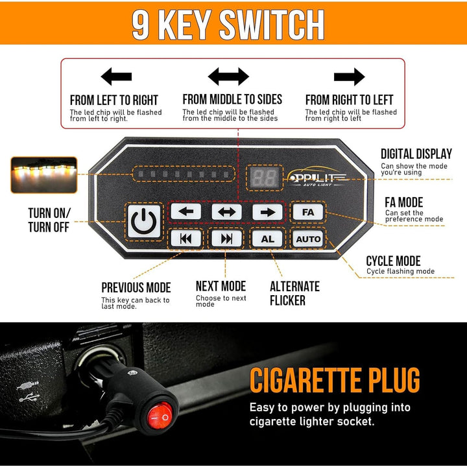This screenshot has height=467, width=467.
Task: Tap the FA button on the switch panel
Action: coord(308,212)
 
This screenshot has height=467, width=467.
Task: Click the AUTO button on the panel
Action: coord(308,239)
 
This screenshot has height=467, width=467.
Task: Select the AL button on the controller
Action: coord(267,239)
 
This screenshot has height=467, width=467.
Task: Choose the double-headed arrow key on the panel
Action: coord(226,212)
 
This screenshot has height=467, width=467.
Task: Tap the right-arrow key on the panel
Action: coord(267,212)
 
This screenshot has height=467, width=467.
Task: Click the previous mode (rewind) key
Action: coord(186,239)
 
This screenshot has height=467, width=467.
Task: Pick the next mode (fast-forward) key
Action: coord(226,239)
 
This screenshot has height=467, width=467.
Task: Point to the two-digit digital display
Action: coord(265,178)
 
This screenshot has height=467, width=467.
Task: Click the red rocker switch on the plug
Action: coord(160,416)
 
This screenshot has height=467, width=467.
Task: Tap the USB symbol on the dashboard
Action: coord(29,397)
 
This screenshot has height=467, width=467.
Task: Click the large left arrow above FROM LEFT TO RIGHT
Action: coord(116,77)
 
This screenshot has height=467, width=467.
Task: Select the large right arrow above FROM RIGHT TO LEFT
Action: coord(350,77)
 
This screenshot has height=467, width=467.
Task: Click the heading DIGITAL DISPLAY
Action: coord(416,154)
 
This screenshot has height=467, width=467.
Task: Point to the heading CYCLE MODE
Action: coord(393,261)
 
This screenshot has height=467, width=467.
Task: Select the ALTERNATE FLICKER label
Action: coord(294,293)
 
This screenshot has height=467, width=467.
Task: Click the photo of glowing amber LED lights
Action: coord(44,175)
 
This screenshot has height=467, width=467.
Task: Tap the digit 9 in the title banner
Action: coord(140,25)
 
